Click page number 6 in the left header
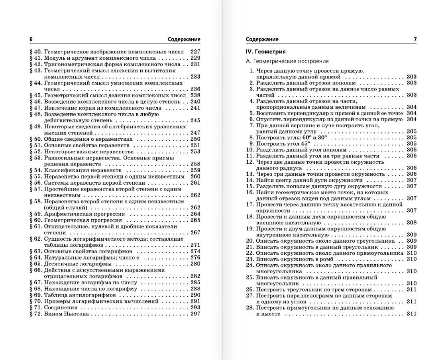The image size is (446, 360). click(31, 39)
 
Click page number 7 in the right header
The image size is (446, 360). click(415, 39)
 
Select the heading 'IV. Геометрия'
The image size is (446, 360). click(266, 51)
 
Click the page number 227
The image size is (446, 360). click(195, 51)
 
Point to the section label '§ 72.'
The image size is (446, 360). click(36, 314)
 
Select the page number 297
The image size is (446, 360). click(195, 314)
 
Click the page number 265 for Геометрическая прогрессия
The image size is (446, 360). click(195, 220)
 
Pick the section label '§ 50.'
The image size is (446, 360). click(36, 139)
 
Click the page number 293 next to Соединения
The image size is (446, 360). click(195, 308)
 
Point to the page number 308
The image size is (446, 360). click(412, 222)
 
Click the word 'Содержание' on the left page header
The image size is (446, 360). click(184, 39)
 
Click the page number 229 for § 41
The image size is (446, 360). click(195, 58)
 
